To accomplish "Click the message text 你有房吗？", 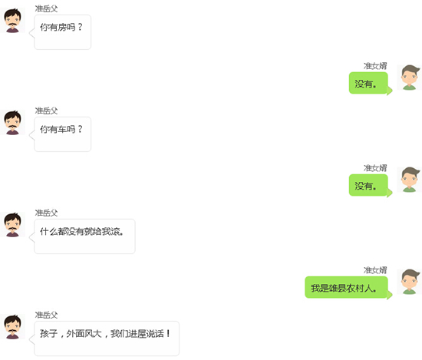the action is [61, 27].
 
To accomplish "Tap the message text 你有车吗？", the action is [61, 129].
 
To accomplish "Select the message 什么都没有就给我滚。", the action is [81, 231].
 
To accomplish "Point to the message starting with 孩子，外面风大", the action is [105, 334].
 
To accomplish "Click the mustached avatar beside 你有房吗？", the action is [12, 21].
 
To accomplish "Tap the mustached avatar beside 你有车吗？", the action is [12, 123].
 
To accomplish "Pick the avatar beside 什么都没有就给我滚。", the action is [12, 225].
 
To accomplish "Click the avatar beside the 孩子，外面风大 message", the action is [12, 327].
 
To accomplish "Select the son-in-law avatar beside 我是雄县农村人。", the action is [410, 282].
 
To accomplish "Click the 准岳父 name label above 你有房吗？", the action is [46, 8].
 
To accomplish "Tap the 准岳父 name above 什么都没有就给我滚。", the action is [46, 213].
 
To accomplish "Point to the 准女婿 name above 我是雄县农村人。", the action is [375, 270].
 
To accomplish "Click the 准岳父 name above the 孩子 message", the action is [46, 315].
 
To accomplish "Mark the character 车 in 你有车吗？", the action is [62, 129].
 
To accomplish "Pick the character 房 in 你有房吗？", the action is [62, 27].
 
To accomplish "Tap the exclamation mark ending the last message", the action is [168, 333].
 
